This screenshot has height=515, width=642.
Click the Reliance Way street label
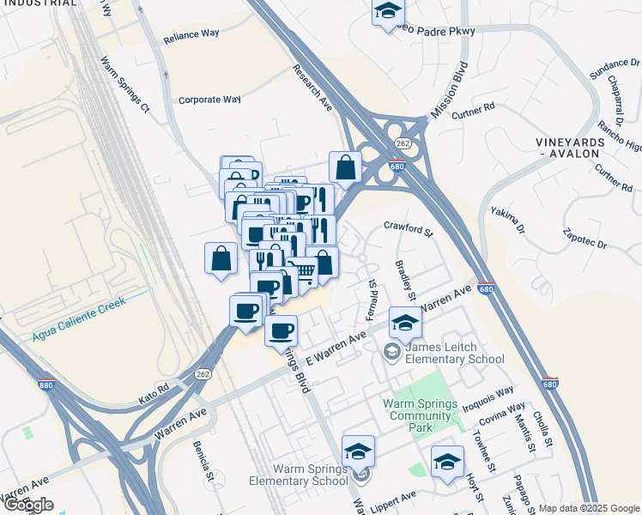[x=191, y=34]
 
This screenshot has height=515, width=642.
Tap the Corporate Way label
[x=209, y=100]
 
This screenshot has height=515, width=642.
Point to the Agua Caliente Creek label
[x=79, y=318]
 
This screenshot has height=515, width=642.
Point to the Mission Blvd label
[x=450, y=90]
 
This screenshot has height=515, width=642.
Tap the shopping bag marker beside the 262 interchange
[x=345, y=168]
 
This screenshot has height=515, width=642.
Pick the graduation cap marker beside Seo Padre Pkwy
[x=388, y=12]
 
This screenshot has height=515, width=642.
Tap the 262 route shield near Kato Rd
[x=203, y=374]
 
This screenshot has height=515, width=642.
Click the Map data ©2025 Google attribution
[x=589, y=508]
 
